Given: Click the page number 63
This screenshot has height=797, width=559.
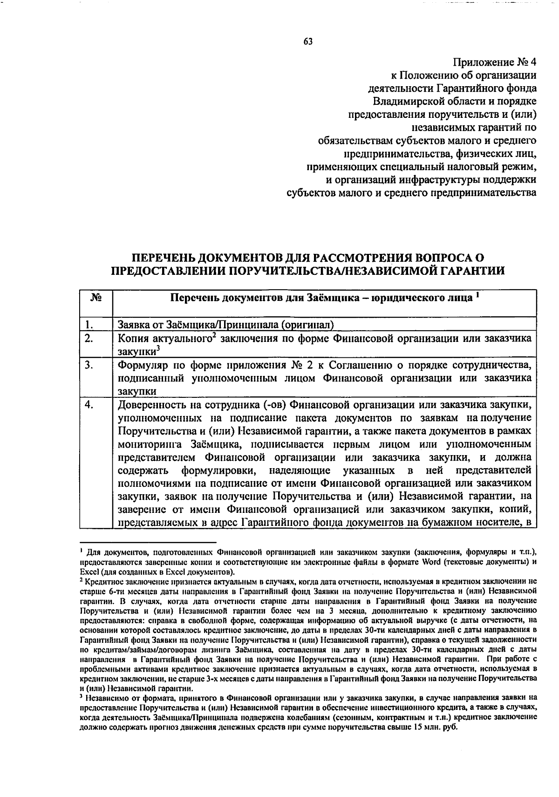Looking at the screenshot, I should coord(308,41).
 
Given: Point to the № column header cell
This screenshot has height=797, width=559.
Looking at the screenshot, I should coord(95,297).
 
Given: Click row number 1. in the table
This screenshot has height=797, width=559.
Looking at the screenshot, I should coord(90,324).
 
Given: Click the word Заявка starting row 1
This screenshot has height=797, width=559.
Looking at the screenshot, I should coord(133,324).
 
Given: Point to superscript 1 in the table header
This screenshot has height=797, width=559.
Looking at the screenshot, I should coord(478,294).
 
